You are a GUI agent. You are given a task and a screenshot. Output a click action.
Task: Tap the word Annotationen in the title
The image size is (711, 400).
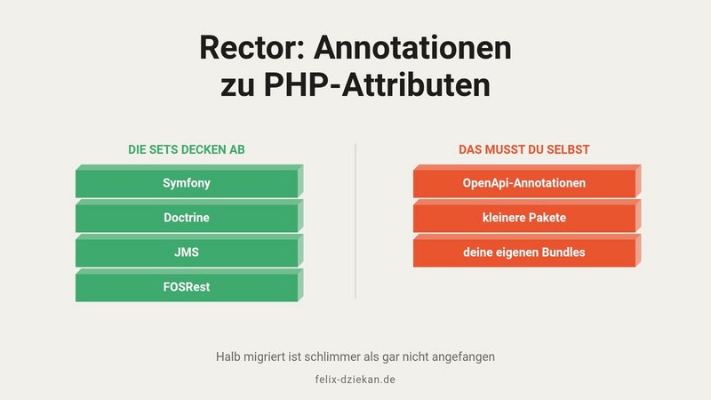pos(412,48)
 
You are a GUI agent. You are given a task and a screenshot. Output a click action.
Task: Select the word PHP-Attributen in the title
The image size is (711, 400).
pos(377,84)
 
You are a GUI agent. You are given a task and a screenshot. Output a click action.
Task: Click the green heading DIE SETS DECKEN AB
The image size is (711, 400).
pos(187,149)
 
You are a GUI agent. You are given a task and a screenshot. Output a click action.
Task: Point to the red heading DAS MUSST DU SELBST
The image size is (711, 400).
pos(524,149)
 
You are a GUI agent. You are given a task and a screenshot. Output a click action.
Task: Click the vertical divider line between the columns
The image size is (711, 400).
pos(355,221)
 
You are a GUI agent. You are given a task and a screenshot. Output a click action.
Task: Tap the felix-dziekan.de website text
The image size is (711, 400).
pos(355,380)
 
